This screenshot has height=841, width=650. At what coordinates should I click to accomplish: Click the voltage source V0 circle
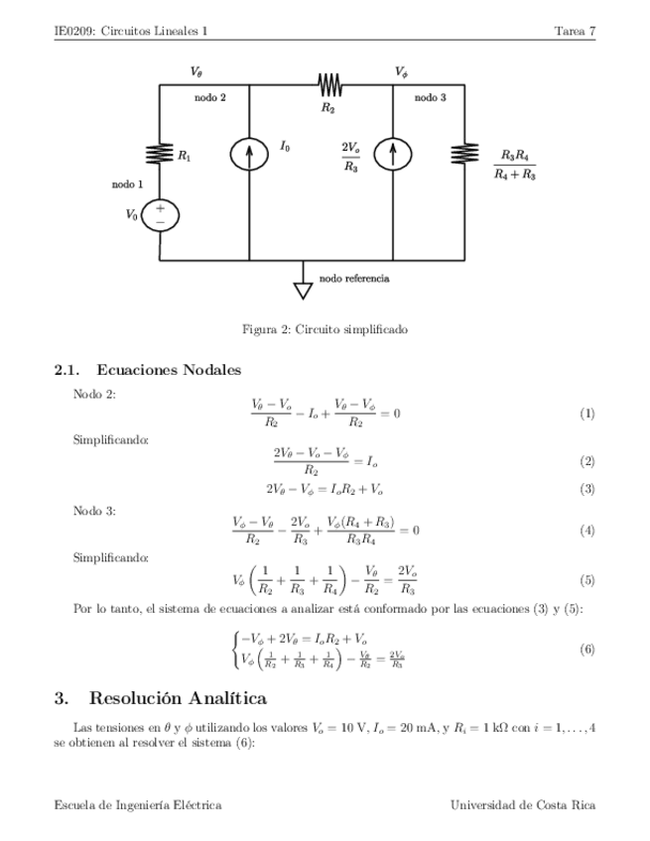(x=160, y=215)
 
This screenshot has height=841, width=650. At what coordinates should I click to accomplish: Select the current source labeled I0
(x=248, y=154)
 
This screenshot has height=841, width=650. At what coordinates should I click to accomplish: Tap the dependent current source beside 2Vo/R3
(x=395, y=154)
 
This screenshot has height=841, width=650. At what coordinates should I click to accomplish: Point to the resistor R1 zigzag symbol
(x=160, y=154)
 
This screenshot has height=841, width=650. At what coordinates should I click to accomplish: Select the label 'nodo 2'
(x=210, y=98)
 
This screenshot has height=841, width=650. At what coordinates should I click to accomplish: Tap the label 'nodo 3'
(x=430, y=98)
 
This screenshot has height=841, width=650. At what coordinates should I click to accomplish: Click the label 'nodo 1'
(x=126, y=185)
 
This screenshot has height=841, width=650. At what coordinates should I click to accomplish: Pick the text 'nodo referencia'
(x=353, y=279)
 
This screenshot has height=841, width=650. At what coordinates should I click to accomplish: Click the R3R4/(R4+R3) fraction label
(x=514, y=165)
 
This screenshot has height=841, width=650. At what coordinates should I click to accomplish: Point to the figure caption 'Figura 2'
(x=325, y=328)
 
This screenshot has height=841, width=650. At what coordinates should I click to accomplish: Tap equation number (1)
(x=586, y=413)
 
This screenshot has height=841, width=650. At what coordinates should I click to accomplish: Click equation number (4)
(x=586, y=531)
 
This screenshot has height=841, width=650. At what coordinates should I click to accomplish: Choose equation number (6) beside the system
(x=586, y=648)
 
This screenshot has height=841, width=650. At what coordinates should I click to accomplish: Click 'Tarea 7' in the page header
(x=575, y=31)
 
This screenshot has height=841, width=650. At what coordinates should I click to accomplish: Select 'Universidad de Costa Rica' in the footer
(x=522, y=805)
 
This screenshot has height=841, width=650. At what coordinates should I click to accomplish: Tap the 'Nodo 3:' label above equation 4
(x=95, y=511)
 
